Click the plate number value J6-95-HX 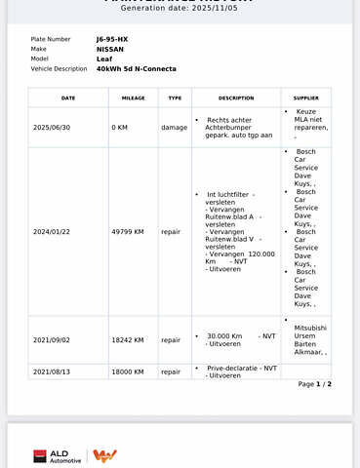click(x=112, y=38)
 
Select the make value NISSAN click(x=110, y=48)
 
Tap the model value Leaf click(x=104, y=58)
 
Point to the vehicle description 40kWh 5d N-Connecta click(x=137, y=68)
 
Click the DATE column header click(x=68, y=97)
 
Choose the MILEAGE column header click(x=133, y=97)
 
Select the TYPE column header click(x=175, y=97)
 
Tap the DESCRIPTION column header click(x=236, y=97)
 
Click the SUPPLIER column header click(x=306, y=97)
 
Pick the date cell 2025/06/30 click(x=51, y=127)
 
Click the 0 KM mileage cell click(x=120, y=127)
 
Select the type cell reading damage click(x=174, y=127)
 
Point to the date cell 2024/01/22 click(x=51, y=231)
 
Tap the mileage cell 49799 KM click(x=127, y=231)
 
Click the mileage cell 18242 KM click(x=127, y=339)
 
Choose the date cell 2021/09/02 click(x=51, y=339)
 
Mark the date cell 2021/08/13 click(x=51, y=371)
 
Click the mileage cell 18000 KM click(x=127, y=371)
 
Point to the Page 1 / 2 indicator click(x=314, y=384)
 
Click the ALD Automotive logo click(x=59, y=455)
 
